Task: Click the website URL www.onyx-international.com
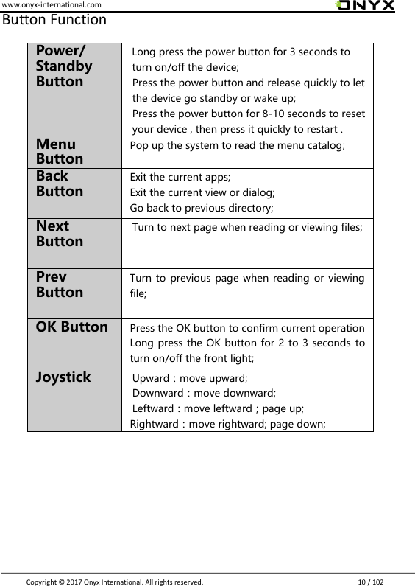(51, 5)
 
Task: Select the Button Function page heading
(54, 20)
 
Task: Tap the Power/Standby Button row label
(64, 66)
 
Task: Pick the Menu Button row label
(60, 151)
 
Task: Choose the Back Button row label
(60, 184)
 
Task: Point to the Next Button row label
(60, 234)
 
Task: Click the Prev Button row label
(60, 284)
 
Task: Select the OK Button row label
(72, 326)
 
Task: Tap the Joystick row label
(63, 377)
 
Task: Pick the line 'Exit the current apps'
(180, 178)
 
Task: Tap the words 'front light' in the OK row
(221, 358)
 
